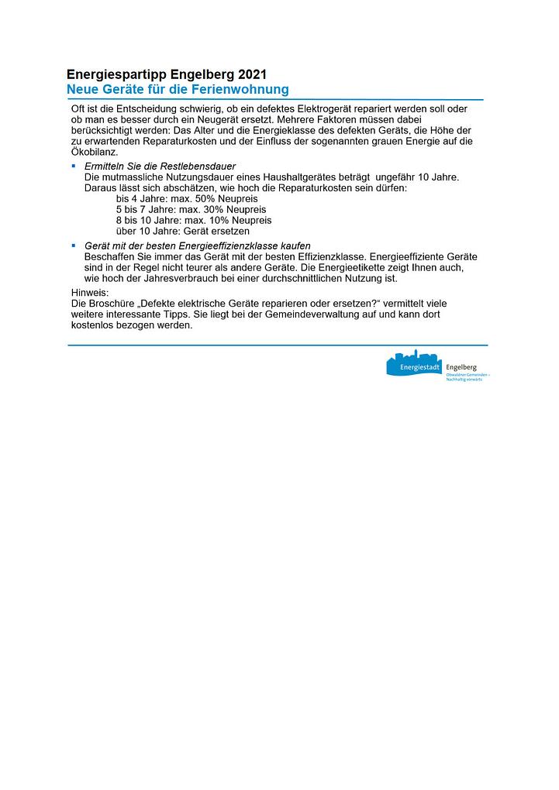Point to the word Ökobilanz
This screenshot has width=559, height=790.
[94, 152]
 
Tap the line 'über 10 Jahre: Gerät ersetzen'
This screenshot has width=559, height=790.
[183, 232]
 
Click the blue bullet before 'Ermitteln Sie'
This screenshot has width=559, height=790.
[74, 167]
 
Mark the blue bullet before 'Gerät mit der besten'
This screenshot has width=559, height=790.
[74, 245]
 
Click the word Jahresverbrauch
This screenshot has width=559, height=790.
[169, 278]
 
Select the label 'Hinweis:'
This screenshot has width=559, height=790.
[90, 293]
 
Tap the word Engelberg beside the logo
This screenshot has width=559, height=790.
[461, 366]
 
